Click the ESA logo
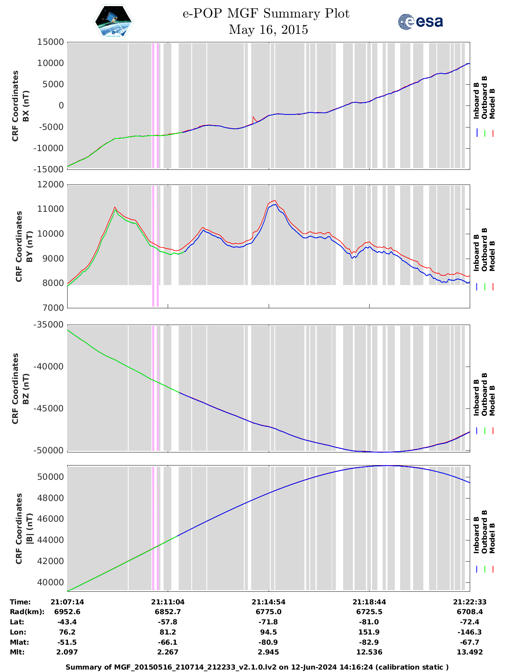(420, 22)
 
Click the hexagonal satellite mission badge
(114, 22)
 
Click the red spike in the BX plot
(253, 117)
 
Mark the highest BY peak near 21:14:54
(275, 200)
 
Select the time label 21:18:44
(369, 602)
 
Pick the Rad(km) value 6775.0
(268, 612)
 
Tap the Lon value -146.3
(470, 632)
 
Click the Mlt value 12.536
(369, 652)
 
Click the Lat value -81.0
(369, 622)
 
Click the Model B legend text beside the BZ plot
(492, 400)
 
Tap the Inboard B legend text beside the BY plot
(476, 253)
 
